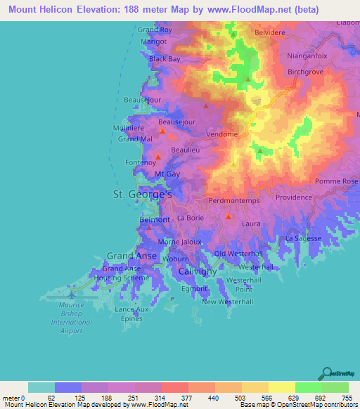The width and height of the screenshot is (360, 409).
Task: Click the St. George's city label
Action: (x=143, y=193)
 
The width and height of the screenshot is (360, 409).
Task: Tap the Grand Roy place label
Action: (x=155, y=30)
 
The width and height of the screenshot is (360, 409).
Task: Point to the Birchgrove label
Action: (x=308, y=72)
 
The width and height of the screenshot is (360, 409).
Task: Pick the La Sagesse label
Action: (x=303, y=239)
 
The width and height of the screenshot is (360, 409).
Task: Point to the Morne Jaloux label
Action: (x=179, y=242)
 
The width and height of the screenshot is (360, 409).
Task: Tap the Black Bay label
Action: (x=165, y=59)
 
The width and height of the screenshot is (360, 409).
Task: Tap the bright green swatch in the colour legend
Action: (x=308, y=388)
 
